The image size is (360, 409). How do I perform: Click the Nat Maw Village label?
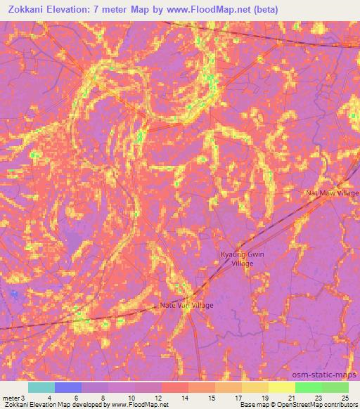point(332,193)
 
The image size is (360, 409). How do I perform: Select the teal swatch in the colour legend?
point(41,387)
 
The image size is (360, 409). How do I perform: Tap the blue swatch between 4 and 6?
point(68,387)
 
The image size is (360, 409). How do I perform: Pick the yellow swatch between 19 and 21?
point(281,387)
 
